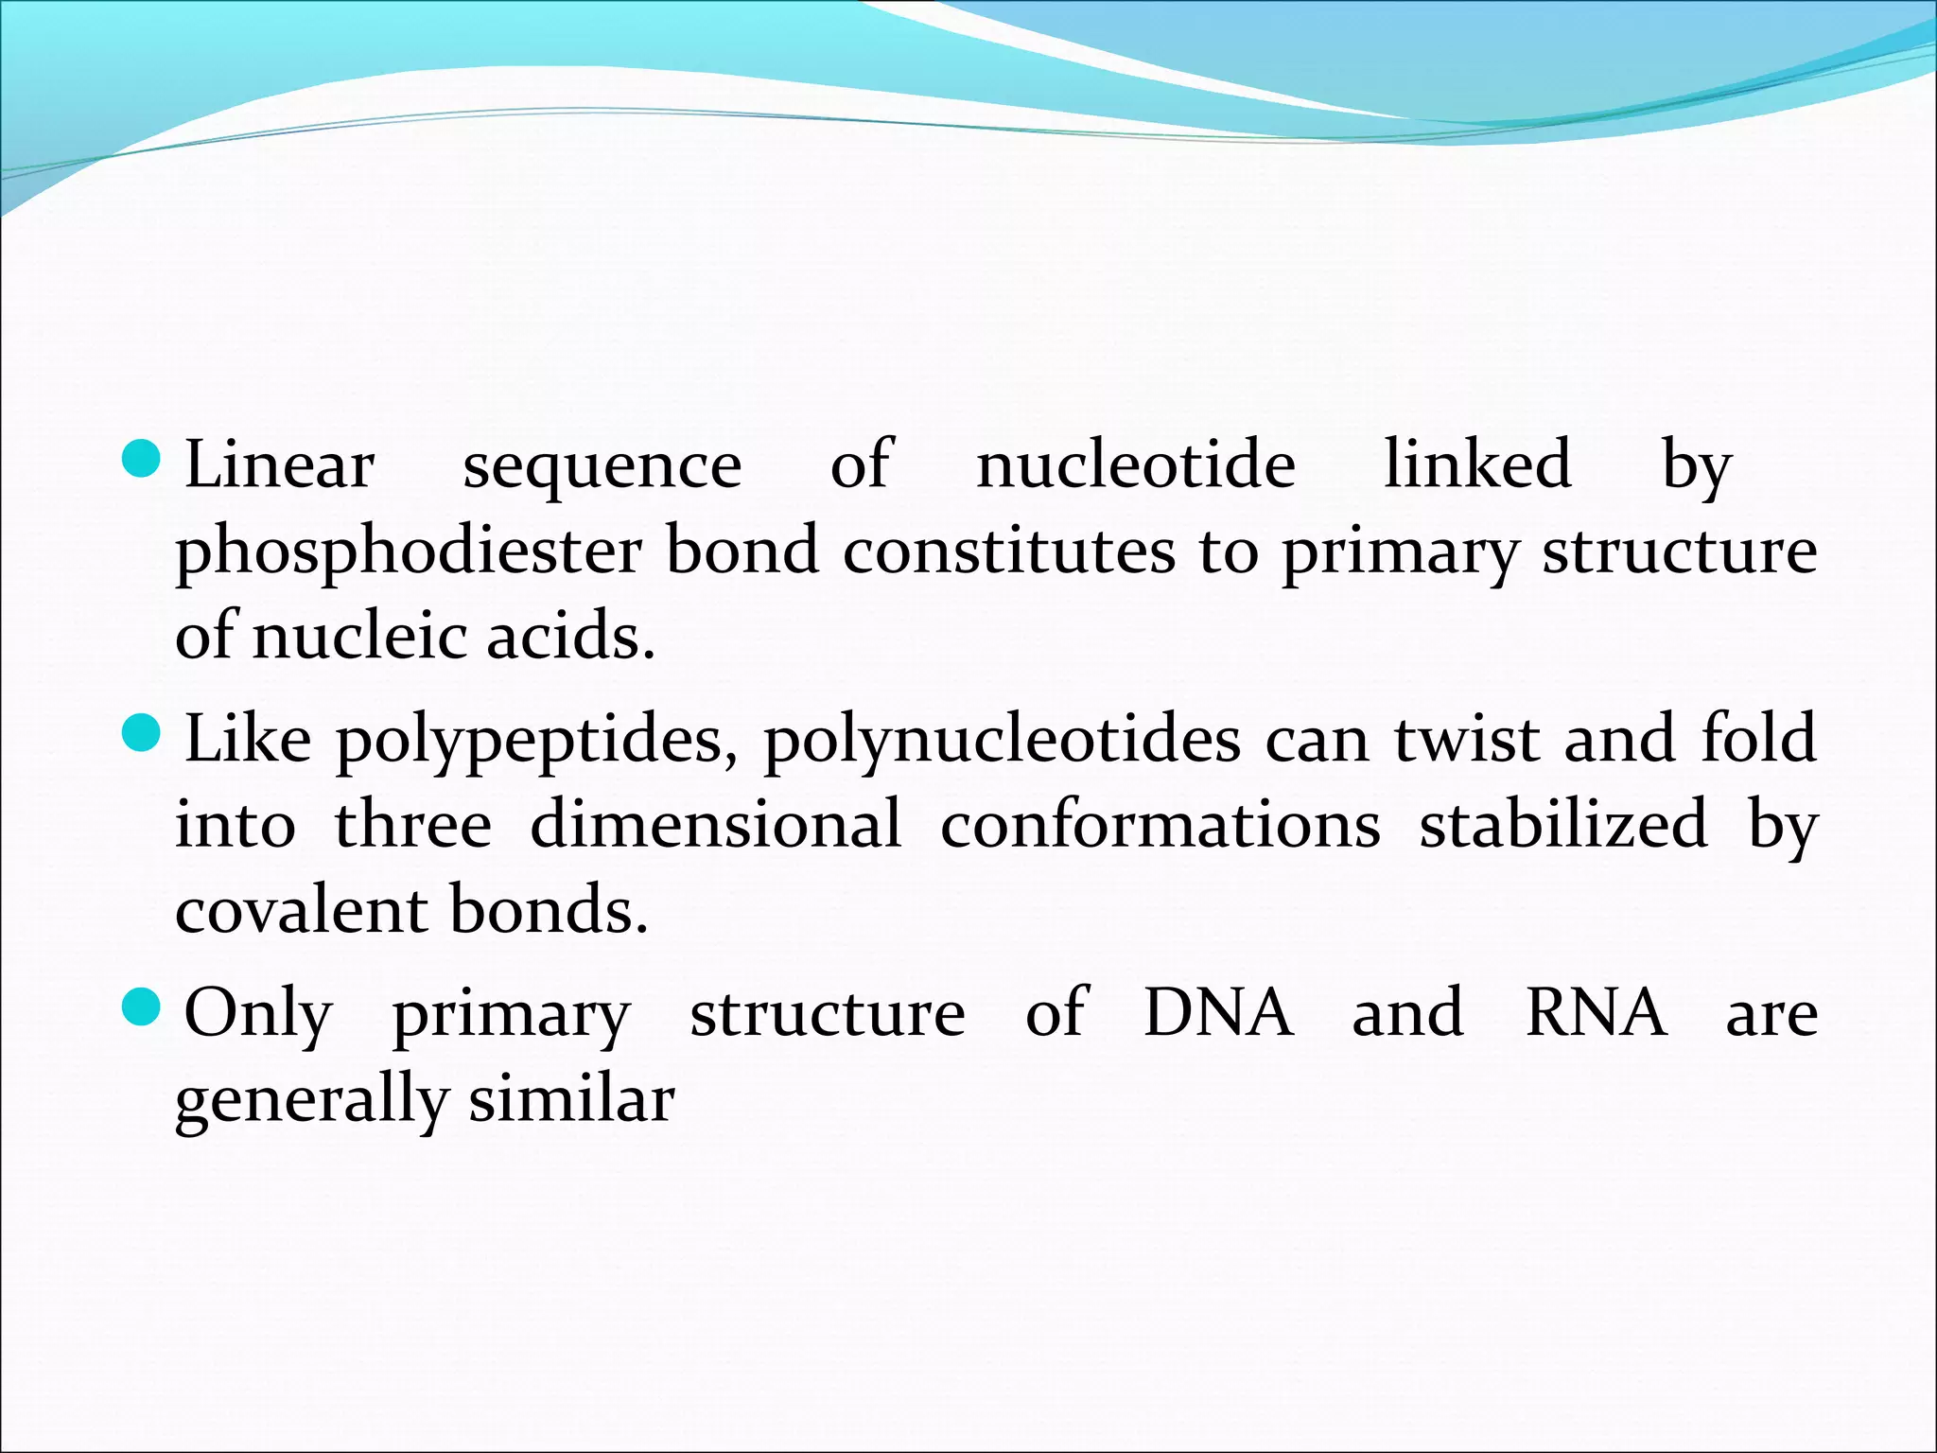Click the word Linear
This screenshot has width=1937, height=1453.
tap(279, 465)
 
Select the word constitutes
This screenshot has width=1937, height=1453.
tap(1009, 551)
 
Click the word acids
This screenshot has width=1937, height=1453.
tap(570, 636)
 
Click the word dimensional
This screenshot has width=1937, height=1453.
tap(716, 823)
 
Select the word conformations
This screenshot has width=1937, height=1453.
tap(1160, 823)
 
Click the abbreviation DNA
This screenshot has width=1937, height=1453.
tap(1218, 1012)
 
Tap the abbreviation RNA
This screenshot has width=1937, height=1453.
tap(1596, 1012)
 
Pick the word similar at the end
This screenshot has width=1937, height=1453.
tap(571, 1099)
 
